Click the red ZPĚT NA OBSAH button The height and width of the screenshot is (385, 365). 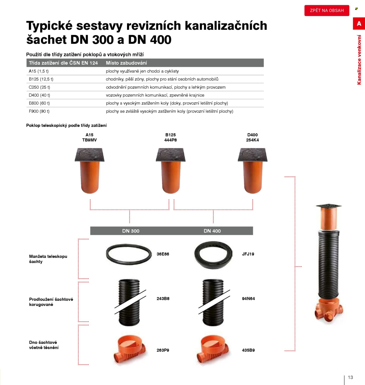click(327, 11)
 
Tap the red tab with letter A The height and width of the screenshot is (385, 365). click(359, 23)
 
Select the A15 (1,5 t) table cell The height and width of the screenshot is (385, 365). click(39, 71)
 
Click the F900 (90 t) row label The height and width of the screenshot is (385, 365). click(39, 111)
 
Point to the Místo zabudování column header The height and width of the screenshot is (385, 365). click(126, 63)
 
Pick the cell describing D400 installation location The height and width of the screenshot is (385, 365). click(155, 95)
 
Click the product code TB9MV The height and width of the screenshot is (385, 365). click(89, 140)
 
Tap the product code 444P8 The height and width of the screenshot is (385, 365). click(171, 140)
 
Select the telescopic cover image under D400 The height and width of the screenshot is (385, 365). click(253, 171)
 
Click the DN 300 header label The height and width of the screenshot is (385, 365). click(131, 231)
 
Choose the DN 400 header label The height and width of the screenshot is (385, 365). click(212, 231)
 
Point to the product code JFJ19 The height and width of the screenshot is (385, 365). click(248, 254)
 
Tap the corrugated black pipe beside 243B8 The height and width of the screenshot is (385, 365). click(129, 302)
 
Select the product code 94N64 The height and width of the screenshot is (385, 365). click(248, 299)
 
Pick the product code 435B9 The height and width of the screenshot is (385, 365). click(248, 350)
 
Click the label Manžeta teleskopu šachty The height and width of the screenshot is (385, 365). click(48, 259)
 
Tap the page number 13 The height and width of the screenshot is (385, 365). click(350, 377)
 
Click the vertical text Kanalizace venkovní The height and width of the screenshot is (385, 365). click(359, 60)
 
